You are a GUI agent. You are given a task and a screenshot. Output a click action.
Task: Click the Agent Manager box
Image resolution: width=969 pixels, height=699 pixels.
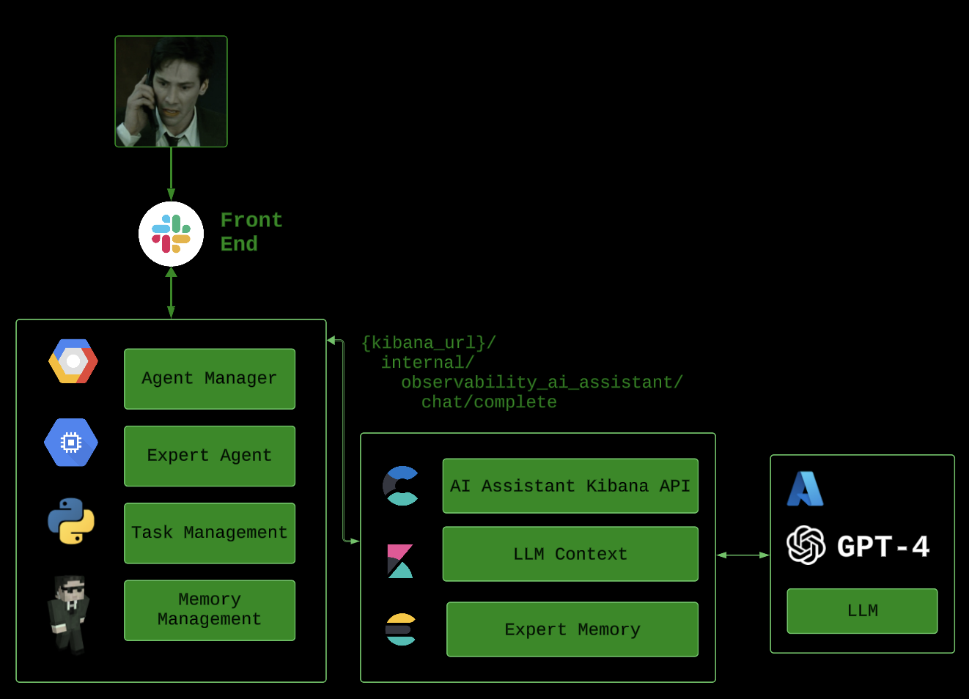point(210,379)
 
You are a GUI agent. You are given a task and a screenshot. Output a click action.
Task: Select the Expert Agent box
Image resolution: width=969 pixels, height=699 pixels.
point(210,456)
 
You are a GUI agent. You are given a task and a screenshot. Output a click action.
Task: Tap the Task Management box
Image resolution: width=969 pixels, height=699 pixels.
point(210,533)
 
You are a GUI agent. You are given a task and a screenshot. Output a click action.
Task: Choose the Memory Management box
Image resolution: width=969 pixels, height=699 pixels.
point(210,610)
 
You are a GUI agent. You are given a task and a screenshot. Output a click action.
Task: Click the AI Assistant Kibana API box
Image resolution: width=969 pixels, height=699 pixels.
point(570,486)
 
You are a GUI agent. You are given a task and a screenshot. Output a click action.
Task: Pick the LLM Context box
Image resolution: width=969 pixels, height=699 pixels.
point(570,554)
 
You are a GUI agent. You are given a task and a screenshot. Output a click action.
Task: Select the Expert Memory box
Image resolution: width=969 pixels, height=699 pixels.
point(572,629)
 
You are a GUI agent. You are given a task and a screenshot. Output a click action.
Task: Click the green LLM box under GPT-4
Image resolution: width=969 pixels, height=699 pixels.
point(862,610)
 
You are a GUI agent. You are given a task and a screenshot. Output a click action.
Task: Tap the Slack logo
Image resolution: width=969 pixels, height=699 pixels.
point(171,234)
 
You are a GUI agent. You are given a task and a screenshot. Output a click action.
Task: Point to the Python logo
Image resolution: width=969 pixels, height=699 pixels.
point(71,521)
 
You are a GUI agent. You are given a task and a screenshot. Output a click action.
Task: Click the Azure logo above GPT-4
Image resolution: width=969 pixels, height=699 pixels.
point(805,489)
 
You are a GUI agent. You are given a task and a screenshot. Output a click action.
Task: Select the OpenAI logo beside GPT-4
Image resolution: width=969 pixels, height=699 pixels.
point(806,545)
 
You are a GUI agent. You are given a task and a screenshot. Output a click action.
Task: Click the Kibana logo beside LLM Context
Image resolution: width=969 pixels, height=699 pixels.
point(400,561)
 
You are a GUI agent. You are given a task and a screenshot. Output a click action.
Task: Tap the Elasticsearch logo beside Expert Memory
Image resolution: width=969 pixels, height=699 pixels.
point(401,629)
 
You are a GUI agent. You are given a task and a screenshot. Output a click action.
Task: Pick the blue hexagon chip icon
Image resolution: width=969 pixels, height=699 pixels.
point(71,443)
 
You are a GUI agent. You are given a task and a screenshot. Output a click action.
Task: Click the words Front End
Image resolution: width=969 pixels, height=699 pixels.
point(251,232)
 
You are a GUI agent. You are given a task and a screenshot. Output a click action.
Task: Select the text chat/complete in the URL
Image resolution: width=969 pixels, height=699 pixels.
point(489,402)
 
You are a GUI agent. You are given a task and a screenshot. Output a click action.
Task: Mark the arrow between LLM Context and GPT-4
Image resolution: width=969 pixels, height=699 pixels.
point(743,555)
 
